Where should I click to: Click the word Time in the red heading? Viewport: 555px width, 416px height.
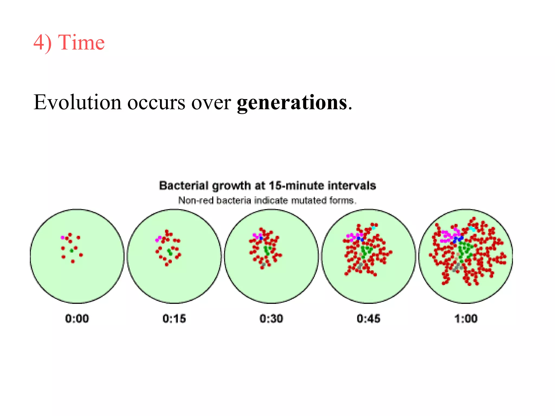(x=81, y=43)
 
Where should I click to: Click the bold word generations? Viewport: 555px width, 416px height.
(x=292, y=103)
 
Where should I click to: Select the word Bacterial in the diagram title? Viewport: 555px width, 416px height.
(x=184, y=186)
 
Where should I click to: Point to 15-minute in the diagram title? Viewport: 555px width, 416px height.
(x=296, y=186)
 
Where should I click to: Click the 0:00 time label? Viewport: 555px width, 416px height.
(x=77, y=318)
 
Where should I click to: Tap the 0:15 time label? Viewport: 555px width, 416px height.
(x=174, y=318)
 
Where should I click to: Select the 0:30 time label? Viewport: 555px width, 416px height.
(x=271, y=318)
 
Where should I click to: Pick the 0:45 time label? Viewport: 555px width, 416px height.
(x=369, y=318)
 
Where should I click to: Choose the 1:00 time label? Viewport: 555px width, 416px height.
(x=466, y=318)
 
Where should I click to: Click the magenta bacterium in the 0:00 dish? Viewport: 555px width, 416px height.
(x=63, y=238)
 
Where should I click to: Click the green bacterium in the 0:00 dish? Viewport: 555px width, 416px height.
(x=72, y=251)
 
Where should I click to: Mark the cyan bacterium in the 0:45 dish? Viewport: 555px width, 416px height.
(x=374, y=228)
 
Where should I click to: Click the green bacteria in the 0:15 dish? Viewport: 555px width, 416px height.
(x=170, y=252)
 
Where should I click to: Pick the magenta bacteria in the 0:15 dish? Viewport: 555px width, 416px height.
(x=158, y=239)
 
